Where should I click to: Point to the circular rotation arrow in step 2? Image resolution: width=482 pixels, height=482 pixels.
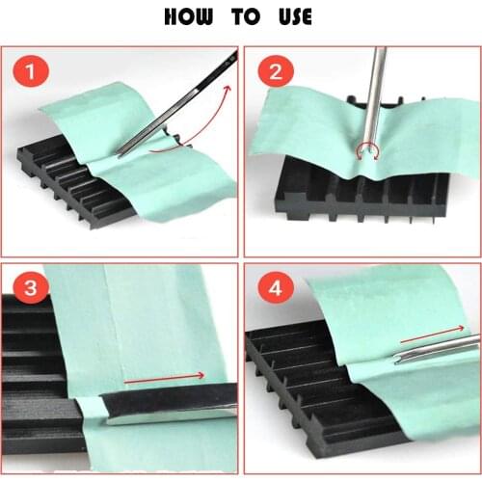(367, 148)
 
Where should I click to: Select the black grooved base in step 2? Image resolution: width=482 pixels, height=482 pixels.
(366, 198)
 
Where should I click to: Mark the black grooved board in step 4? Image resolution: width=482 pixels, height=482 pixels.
(308, 386)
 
